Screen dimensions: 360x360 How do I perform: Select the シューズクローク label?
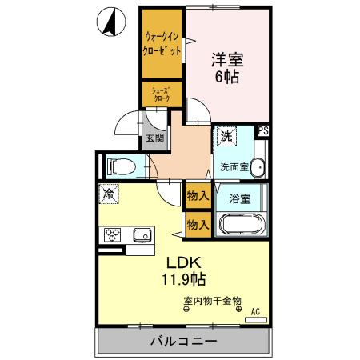point(162,95)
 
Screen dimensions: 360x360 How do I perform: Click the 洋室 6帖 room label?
point(226,66)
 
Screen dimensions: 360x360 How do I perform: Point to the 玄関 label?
point(154,137)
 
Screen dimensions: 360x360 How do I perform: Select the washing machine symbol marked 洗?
point(226,137)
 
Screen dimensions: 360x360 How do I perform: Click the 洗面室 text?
point(234,168)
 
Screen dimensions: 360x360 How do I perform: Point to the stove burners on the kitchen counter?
point(112,234)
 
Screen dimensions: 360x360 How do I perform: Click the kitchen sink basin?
point(142,234)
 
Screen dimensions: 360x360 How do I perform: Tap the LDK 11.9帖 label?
point(186,271)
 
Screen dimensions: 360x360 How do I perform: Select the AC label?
point(256,311)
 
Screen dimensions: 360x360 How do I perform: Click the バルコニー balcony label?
point(183,342)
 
